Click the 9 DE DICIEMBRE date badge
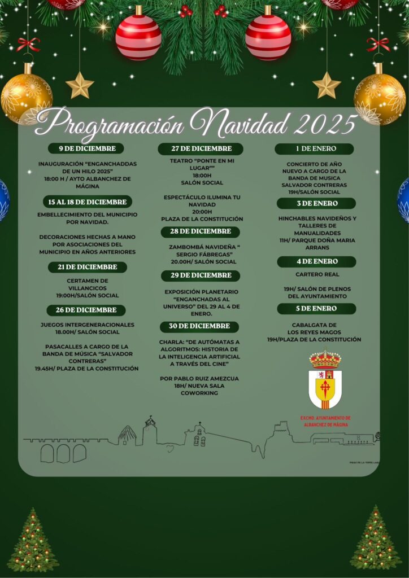85,148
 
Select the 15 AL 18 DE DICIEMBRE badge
88,202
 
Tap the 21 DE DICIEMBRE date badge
87,267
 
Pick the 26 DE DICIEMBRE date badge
86,310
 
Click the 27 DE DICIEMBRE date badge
200,148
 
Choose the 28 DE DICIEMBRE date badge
200,231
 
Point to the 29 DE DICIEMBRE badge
200,275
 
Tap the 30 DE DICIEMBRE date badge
200,326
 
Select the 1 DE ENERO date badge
315,148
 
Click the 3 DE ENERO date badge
316,203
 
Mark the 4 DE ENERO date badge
316,261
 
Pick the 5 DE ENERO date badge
316,309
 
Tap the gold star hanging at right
327,85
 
